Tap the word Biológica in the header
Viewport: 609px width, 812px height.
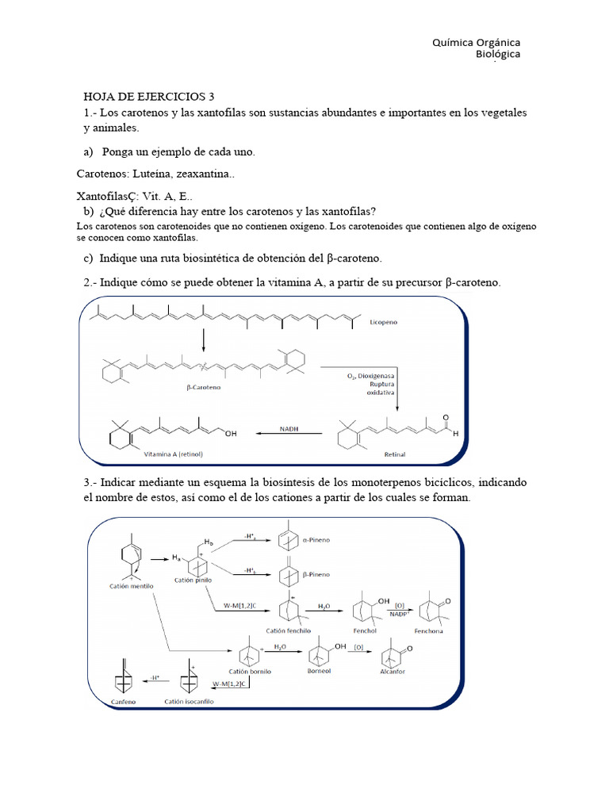point(498,55)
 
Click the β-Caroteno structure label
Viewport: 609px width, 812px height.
point(205,389)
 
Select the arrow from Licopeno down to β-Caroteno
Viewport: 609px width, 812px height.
point(203,339)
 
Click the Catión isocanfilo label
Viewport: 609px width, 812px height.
point(190,702)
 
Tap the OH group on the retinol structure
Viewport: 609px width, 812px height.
point(231,434)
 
